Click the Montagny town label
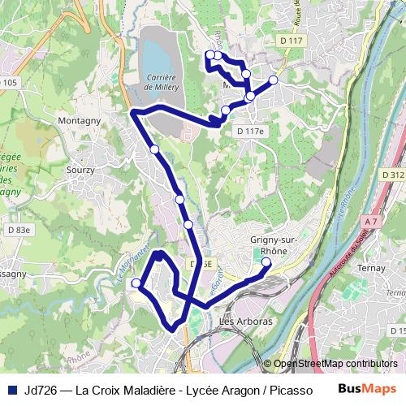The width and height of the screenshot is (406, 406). click(x=79, y=121)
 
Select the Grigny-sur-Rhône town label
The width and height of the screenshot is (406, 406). click(x=270, y=244)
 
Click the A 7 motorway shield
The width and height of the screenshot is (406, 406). click(x=372, y=221)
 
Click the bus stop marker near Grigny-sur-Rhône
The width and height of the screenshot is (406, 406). click(x=266, y=262)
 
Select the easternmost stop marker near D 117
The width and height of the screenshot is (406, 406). click(x=273, y=80)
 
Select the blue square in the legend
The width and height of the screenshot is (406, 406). click(x=12, y=389)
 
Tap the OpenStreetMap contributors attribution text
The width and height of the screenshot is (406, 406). click(x=335, y=365)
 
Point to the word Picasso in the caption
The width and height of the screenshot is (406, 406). click(x=291, y=389)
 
